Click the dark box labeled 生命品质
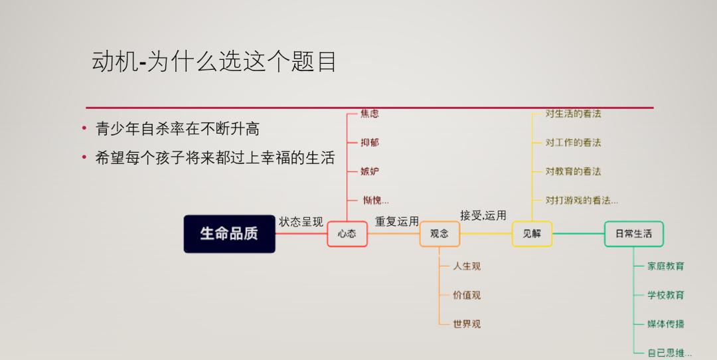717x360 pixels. pyautogui.click(x=230, y=234)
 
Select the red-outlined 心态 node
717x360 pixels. pyautogui.click(x=347, y=234)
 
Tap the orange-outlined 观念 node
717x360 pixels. pyautogui.click(x=439, y=234)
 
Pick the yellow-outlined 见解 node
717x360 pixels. pyautogui.click(x=532, y=234)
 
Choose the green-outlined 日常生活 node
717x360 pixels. pyautogui.click(x=634, y=234)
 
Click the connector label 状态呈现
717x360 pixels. pyautogui.click(x=301, y=222)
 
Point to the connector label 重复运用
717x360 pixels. pyautogui.click(x=397, y=221)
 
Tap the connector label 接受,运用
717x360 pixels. pyautogui.click(x=483, y=215)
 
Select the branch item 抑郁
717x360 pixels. pyautogui.click(x=370, y=143)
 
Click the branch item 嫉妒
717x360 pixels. pyautogui.click(x=370, y=171)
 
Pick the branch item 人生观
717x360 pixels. pyautogui.click(x=467, y=266)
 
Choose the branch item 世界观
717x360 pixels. pyautogui.click(x=467, y=324)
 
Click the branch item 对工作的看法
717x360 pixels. pyautogui.click(x=573, y=143)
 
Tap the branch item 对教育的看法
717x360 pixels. pyautogui.click(x=573, y=171)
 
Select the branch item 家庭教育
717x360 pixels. pyautogui.click(x=666, y=266)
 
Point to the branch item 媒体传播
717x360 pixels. pyautogui.click(x=666, y=324)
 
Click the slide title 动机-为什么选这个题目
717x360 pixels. pyautogui.click(x=214, y=61)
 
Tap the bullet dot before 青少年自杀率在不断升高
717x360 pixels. pyautogui.click(x=84, y=129)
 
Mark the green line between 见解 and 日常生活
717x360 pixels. pyautogui.click(x=578, y=234)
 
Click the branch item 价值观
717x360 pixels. pyautogui.click(x=467, y=295)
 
